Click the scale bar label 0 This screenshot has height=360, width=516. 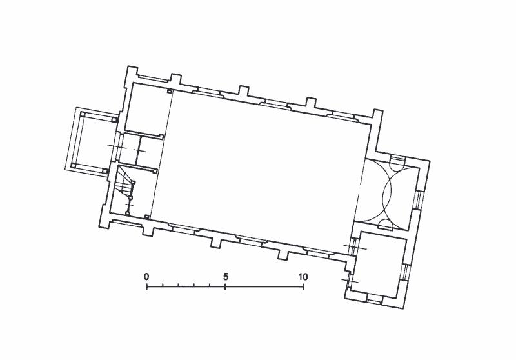coord(146,277)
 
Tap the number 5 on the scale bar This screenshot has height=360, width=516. coord(225,277)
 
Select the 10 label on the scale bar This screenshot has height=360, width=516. coord(303,277)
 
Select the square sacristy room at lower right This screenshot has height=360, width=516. coord(379,264)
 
